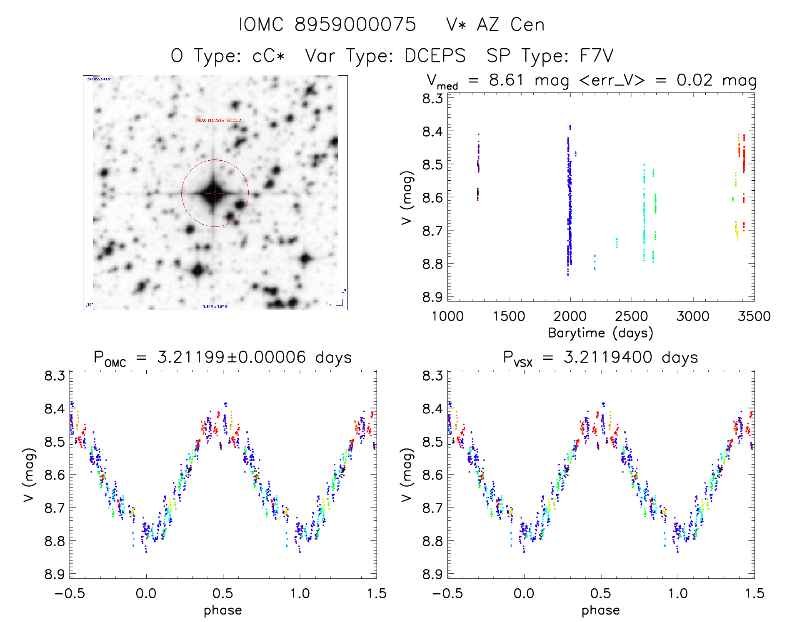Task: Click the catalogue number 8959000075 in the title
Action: tap(355, 25)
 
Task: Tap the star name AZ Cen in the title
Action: tap(510, 25)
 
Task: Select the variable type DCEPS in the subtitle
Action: tap(435, 56)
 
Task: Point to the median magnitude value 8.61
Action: tap(506, 80)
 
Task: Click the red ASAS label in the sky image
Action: tap(218, 120)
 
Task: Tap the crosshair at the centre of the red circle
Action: tap(215, 193)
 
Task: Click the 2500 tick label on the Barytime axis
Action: tap(631, 316)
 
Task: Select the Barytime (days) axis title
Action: tap(600, 333)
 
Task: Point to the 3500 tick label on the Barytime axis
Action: tap(754, 316)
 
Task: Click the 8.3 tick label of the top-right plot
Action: tap(432, 99)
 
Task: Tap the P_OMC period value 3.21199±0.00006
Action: tap(231, 357)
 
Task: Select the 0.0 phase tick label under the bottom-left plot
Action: tap(146, 593)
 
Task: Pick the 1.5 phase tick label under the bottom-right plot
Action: tap(754, 593)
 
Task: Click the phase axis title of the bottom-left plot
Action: tap(222, 610)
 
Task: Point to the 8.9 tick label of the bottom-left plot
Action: tap(55, 575)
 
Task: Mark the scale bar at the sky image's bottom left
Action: tap(106, 306)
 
